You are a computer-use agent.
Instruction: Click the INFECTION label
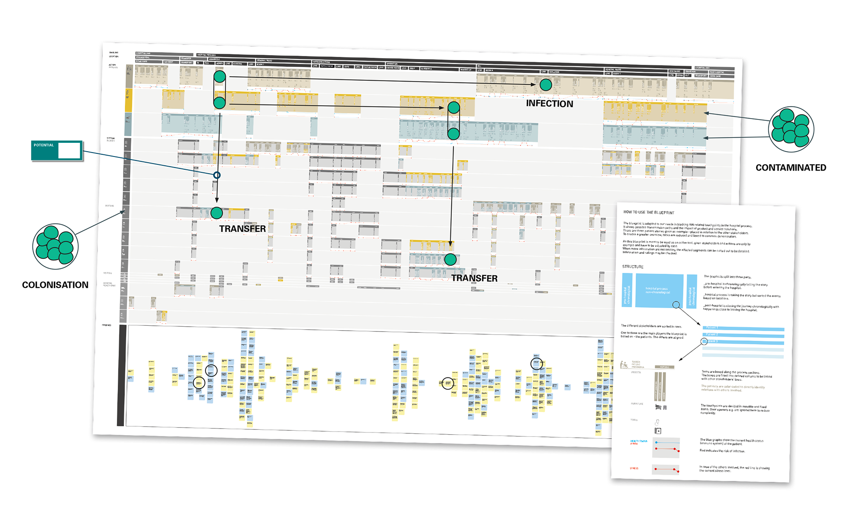pos(549,104)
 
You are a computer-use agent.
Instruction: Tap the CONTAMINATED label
pos(791,168)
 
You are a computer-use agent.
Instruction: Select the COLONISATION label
pos(55,285)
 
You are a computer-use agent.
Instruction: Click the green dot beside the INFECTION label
pos(546,85)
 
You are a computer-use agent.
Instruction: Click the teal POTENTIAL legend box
pos(56,150)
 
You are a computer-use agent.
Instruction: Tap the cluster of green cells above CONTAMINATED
pos(791,129)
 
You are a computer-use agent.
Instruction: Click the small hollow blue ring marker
pos(217,175)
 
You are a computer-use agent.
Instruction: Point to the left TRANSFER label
pos(242,229)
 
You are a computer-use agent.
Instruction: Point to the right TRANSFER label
pos(474,278)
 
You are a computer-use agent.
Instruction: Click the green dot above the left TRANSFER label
pos(217,213)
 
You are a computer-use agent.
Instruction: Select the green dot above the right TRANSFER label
pos(450,259)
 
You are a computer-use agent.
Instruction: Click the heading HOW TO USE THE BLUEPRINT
pos(648,212)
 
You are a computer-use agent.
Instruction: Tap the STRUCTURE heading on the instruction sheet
pos(633,267)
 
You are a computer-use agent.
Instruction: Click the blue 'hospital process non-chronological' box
pos(658,291)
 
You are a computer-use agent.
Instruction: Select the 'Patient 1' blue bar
pos(743,328)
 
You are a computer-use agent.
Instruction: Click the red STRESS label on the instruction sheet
pos(634,468)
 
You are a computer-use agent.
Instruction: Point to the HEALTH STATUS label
pos(638,441)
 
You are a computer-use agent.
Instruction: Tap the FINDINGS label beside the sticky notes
pos(107,325)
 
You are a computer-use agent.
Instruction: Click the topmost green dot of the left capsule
pos(220,77)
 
